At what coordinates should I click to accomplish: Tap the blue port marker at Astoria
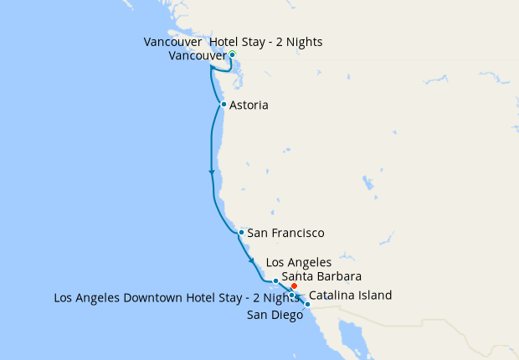point(224,105)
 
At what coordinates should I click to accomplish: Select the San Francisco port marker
point(241,232)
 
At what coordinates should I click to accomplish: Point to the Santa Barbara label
point(321,276)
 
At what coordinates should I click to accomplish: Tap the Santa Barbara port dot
point(275,280)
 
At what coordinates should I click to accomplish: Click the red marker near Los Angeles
point(294,286)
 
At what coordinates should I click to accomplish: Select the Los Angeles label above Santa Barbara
point(298,263)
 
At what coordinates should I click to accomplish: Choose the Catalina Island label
point(350,296)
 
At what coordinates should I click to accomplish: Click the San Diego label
point(275,315)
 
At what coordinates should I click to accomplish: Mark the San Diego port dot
point(308,304)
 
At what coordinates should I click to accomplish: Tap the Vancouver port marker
point(232,54)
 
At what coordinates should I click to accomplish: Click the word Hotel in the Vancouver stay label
point(226,42)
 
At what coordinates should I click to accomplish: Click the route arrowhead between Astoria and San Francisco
point(211,172)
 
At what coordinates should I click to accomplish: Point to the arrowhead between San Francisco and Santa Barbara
point(252,261)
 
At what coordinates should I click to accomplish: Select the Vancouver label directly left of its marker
point(198,56)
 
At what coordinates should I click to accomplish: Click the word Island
point(373,296)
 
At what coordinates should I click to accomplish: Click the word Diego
point(286,315)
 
